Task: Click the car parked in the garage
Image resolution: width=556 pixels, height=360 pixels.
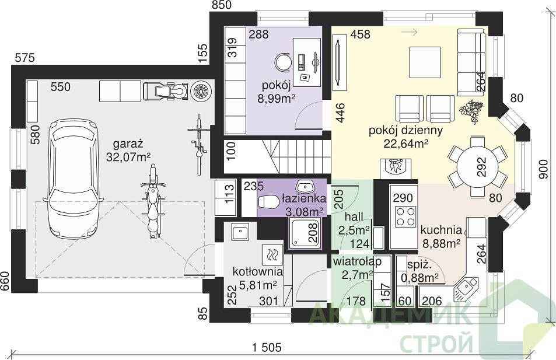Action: point(74,179)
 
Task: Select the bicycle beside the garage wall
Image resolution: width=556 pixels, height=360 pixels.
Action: point(198,144)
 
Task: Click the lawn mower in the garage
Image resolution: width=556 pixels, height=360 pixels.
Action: point(165,91)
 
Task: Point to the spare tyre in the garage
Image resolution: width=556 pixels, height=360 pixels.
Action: point(201,91)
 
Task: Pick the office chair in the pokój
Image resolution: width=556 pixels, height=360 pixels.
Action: point(284,62)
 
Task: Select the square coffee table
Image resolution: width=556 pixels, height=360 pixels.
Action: point(425,62)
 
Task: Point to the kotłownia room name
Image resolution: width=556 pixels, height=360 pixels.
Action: point(257,272)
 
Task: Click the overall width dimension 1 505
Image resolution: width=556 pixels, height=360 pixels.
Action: point(267,347)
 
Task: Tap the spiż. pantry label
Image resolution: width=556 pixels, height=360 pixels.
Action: point(419,265)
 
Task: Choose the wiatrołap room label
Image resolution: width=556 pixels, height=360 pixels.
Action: point(357,262)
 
